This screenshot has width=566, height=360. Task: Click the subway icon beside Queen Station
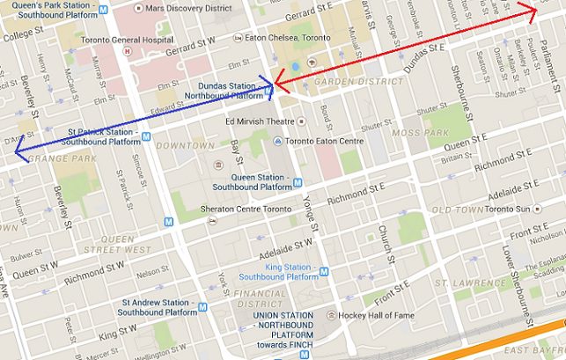click(298, 182)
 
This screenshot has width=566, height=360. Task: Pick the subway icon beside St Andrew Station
click(203, 307)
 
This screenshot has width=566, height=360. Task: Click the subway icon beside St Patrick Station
click(146, 136)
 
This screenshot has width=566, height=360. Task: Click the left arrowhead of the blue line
click(16, 156)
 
